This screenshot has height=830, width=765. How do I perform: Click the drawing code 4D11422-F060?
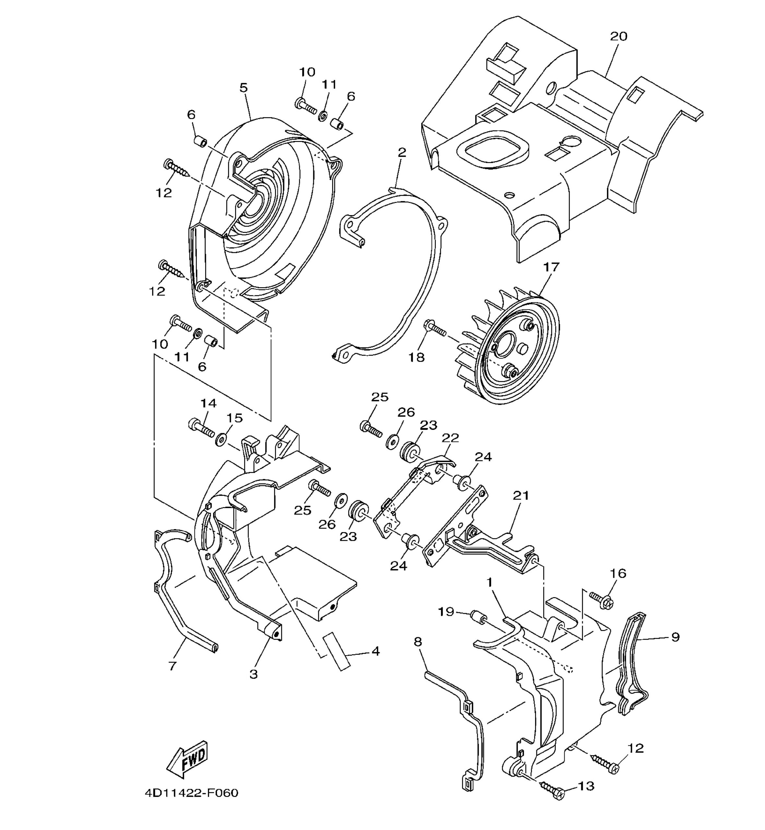[x=192, y=793]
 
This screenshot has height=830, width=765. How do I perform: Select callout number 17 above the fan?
[x=551, y=267]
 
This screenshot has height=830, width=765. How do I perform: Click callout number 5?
[x=244, y=88]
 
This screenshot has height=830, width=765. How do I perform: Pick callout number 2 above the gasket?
[x=401, y=152]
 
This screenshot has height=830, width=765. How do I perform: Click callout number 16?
[x=618, y=574]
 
